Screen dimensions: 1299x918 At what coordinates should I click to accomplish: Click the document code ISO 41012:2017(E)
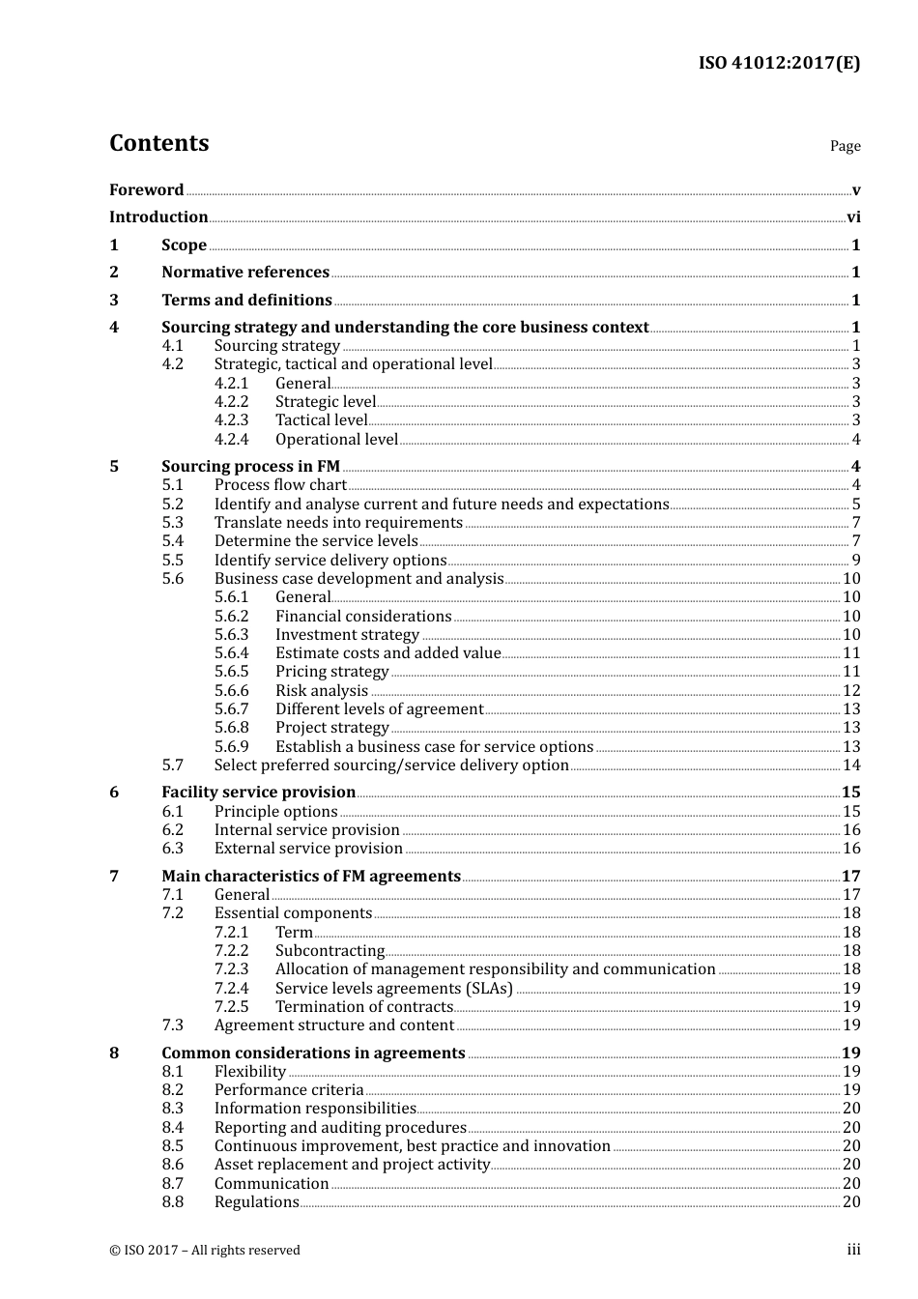click(x=779, y=63)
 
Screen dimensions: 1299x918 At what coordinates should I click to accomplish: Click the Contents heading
click(x=158, y=143)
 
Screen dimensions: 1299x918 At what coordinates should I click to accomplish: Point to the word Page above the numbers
click(x=845, y=146)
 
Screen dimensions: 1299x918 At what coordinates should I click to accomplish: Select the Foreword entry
click(x=146, y=189)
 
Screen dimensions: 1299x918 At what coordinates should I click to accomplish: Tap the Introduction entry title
click(x=158, y=216)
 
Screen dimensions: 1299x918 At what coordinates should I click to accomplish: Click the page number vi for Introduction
click(x=853, y=216)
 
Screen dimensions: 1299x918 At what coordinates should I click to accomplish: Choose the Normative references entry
click(x=245, y=272)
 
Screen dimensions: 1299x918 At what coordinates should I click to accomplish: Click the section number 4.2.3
click(x=231, y=419)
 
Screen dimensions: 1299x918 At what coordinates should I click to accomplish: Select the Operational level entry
click(x=336, y=439)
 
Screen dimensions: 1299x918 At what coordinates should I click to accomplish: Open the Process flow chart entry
click(x=280, y=484)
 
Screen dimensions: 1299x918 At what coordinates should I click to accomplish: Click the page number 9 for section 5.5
click(x=855, y=560)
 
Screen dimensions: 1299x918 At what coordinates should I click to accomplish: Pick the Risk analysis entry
click(x=322, y=690)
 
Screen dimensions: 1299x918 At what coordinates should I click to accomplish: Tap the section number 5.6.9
click(x=231, y=746)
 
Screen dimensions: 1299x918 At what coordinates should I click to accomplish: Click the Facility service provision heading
click(x=258, y=792)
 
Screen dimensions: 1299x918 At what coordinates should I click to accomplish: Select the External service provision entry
click(x=308, y=848)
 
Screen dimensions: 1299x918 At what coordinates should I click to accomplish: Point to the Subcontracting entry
click(x=330, y=950)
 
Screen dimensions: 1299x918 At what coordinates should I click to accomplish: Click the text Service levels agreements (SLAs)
click(x=393, y=988)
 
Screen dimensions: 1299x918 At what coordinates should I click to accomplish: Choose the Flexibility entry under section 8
click(x=250, y=1071)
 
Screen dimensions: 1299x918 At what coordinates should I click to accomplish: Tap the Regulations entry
click(x=257, y=1201)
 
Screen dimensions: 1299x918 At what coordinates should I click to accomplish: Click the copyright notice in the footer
click(x=205, y=1250)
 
